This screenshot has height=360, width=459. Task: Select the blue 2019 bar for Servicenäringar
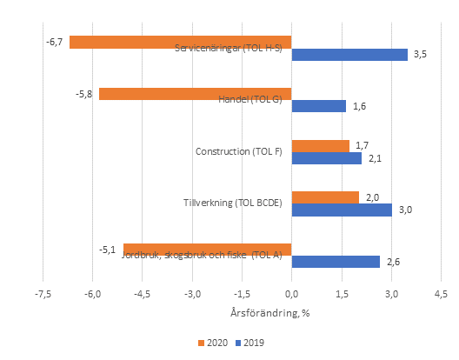click(x=349, y=55)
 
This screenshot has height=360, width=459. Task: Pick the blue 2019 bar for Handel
click(x=318, y=106)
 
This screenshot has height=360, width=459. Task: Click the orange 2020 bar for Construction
click(x=320, y=146)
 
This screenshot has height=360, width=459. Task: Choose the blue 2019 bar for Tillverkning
click(x=342, y=210)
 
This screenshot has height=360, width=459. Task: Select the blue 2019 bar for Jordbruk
click(x=336, y=262)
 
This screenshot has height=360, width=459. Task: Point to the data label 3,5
click(x=420, y=55)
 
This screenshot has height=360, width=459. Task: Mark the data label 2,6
click(x=392, y=262)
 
